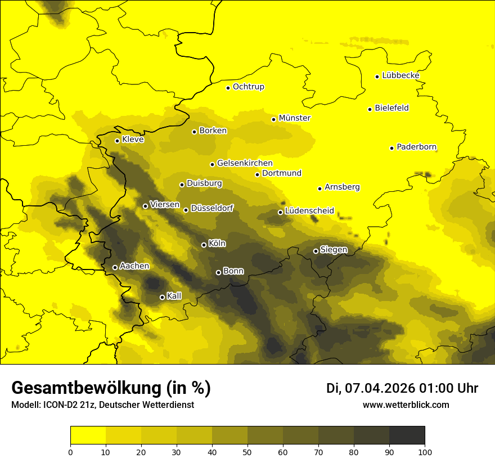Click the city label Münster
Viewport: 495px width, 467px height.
pyautogui.click(x=294, y=118)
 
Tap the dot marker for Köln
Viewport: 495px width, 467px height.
pyautogui.click(x=204, y=245)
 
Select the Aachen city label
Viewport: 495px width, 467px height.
pyautogui.click(x=134, y=266)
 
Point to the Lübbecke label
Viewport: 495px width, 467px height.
pyautogui.click(x=400, y=75)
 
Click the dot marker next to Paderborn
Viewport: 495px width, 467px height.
pyautogui.click(x=391, y=148)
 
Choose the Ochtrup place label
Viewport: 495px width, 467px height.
pyautogui.click(x=248, y=87)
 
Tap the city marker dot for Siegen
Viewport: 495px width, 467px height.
pyautogui.click(x=316, y=251)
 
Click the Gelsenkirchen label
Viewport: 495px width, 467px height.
pyautogui.click(x=245, y=163)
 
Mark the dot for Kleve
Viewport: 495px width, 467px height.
pyautogui.click(x=117, y=141)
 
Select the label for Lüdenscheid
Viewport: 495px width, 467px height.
pyautogui.click(x=309, y=211)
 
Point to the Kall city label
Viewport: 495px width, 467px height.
pyautogui.click(x=174, y=296)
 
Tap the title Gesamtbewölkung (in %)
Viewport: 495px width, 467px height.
pyautogui.click(x=111, y=388)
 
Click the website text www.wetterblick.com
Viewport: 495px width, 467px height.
pyautogui.click(x=406, y=405)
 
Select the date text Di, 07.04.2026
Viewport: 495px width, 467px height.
pyautogui.click(x=370, y=388)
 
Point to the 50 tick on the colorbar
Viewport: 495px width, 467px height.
pyautogui.click(x=247, y=451)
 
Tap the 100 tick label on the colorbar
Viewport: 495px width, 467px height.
pyautogui.click(x=425, y=451)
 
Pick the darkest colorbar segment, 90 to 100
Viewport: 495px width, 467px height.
pyautogui.click(x=407, y=435)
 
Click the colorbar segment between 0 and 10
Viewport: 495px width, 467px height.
pyautogui.click(x=88, y=435)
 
